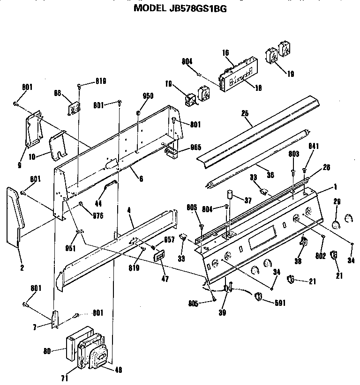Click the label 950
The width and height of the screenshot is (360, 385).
pyautogui.click(x=148, y=96)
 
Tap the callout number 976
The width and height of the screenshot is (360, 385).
pyautogui.click(x=97, y=216)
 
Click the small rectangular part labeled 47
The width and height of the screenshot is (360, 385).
pyautogui.click(x=159, y=256)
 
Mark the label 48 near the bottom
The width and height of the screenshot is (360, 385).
pyautogui.click(x=118, y=369)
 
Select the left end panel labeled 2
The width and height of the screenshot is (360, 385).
pyautogui.click(x=14, y=215)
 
